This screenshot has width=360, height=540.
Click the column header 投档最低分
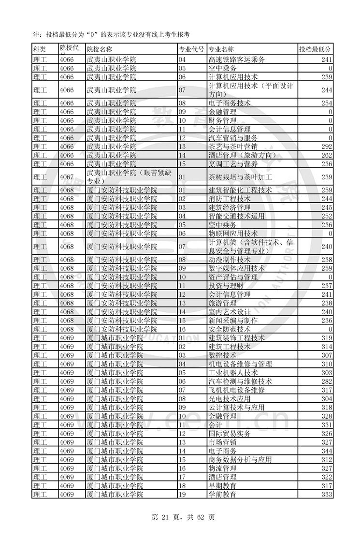tap(315, 49)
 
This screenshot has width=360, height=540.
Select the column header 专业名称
tap(221, 49)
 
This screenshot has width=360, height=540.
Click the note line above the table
tap(111, 34)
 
